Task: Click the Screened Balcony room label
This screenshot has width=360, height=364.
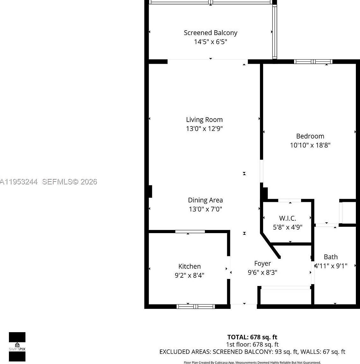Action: pos(210,33)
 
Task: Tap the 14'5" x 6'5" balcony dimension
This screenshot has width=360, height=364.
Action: pos(210,42)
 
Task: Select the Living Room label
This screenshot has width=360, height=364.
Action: pos(204,120)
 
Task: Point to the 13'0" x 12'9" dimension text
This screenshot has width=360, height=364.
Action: pos(204,129)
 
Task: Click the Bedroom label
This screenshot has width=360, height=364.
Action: pos(310,136)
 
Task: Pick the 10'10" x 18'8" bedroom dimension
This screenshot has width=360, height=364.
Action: pos(310,145)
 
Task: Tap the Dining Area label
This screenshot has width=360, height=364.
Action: pos(205,200)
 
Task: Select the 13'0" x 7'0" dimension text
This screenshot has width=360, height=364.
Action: pos(205,209)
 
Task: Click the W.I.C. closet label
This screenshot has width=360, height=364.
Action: pos(287,218)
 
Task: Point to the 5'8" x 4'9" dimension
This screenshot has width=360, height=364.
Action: pos(287,227)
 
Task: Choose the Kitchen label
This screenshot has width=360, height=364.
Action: pos(189,267)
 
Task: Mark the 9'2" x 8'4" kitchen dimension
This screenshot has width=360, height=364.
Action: pos(189,275)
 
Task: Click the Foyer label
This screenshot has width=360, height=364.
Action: pos(263,264)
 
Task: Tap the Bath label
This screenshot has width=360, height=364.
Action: pos(330,257)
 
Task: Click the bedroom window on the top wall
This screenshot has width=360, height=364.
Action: pos(313,62)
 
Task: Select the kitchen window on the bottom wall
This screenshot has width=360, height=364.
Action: pos(196,306)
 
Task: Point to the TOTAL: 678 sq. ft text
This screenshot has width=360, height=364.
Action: pos(252,337)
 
